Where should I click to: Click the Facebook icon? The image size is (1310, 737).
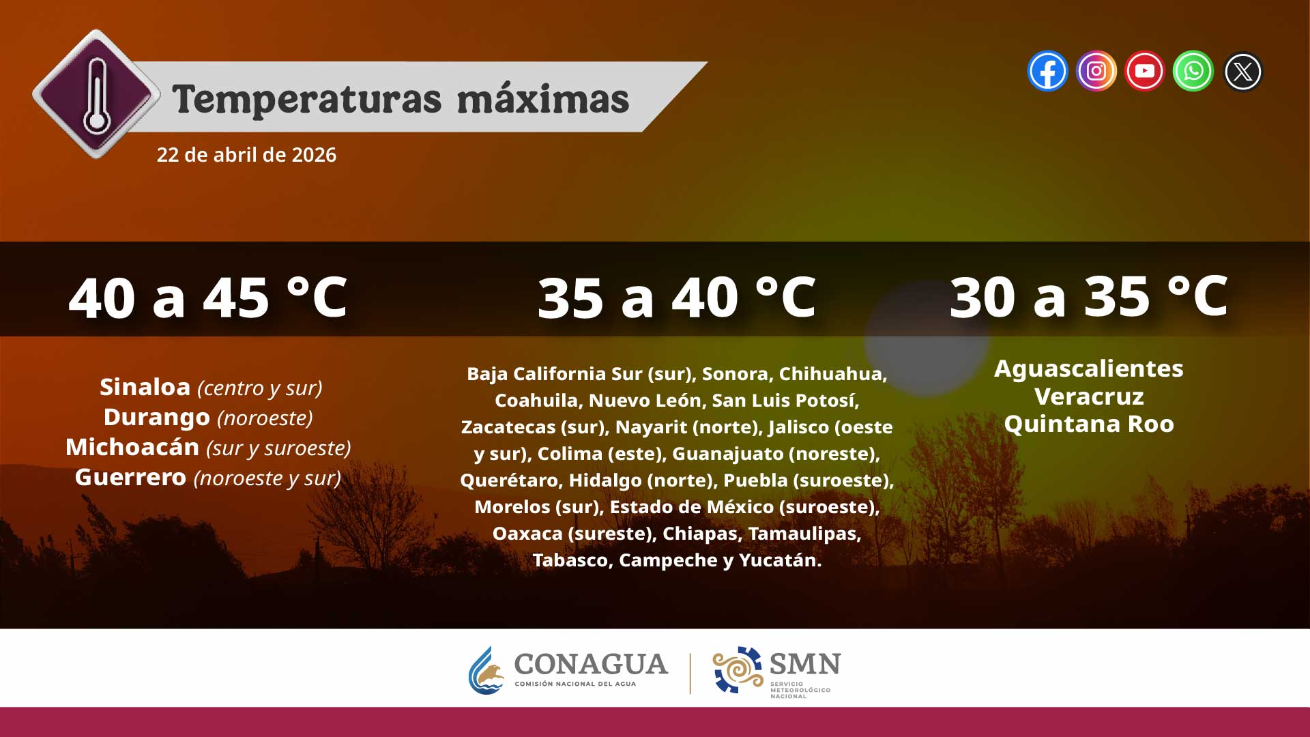pyautogui.click(x=1047, y=71)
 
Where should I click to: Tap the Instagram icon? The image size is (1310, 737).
pyautogui.click(x=1096, y=71)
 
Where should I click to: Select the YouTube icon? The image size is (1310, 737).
pyautogui.click(x=1144, y=71)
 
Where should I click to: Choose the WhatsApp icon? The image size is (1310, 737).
pyautogui.click(x=1193, y=71)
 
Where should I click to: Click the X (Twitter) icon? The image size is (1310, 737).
pyautogui.click(x=1242, y=72)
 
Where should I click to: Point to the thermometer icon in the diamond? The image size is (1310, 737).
pyautogui.click(x=96, y=94)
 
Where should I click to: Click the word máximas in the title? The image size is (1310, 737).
pyautogui.click(x=542, y=100)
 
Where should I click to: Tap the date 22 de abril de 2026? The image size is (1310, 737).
pyautogui.click(x=246, y=155)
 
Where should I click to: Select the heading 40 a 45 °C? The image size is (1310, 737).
pyautogui.click(x=208, y=298)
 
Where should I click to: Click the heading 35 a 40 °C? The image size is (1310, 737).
pyautogui.click(x=677, y=298)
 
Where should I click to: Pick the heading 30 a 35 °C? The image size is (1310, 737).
pyautogui.click(x=1089, y=296)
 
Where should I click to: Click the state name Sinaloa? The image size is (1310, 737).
pyautogui.click(x=145, y=387)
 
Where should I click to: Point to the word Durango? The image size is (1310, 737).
pyautogui.click(x=157, y=417)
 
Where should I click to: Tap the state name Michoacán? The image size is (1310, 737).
pyautogui.click(x=132, y=447)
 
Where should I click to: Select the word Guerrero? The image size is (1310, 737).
pyautogui.click(x=130, y=477)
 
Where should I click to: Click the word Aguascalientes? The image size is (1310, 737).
pyautogui.click(x=1089, y=369)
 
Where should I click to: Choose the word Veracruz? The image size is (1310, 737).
pyautogui.click(x=1089, y=396)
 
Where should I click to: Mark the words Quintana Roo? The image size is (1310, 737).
pyautogui.click(x=1089, y=424)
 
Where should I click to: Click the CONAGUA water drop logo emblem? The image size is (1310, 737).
pyautogui.click(x=486, y=670)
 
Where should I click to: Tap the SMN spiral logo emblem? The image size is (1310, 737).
pyautogui.click(x=738, y=669)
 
